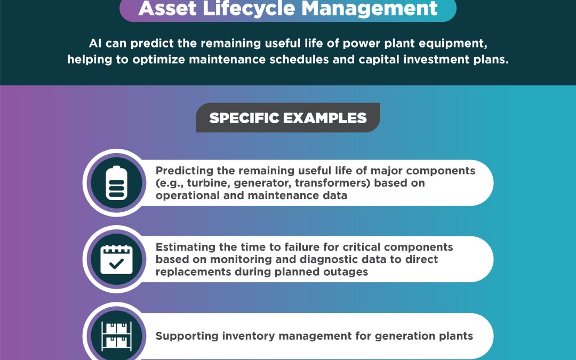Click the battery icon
click(116, 183)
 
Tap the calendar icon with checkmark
click(116, 259)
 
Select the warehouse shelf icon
click(116, 336)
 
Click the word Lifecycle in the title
click(249, 8)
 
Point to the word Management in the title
click(370, 8)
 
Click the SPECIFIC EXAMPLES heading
click(288, 118)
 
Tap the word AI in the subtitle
click(95, 43)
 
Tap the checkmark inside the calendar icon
click(116, 264)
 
